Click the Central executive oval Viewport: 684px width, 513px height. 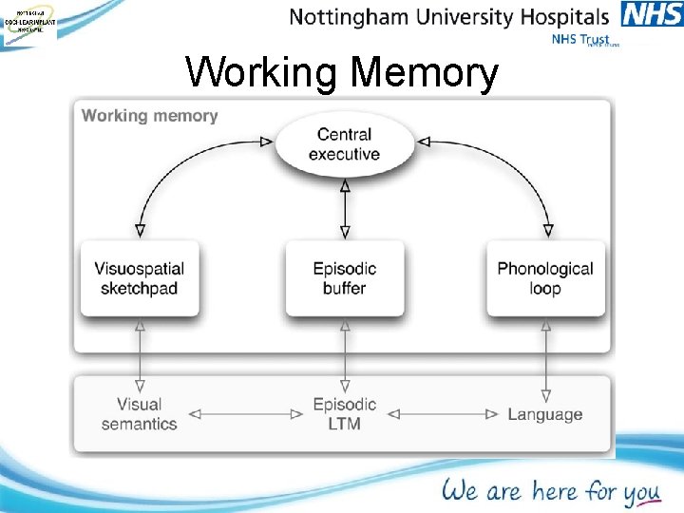[x=344, y=145]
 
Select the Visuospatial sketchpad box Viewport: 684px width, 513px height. [x=140, y=278]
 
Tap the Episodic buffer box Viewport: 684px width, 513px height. [x=344, y=278]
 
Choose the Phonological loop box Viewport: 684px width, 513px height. [x=545, y=278]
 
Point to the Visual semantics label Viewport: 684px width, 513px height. [x=140, y=414]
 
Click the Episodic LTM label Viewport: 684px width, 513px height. [x=344, y=414]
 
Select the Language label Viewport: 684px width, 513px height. [x=545, y=414]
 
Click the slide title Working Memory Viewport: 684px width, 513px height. [x=342, y=72]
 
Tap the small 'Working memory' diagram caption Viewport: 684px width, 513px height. [x=150, y=116]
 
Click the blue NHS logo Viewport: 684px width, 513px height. [x=652, y=15]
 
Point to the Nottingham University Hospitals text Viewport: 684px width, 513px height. [x=448, y=17]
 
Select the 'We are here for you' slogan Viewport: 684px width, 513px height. [x=550, y=490]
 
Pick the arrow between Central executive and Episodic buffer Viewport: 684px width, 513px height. [x=345, y=208]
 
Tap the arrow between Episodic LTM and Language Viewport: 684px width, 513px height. [x=444, y=414]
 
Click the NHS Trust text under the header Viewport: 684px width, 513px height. [x=582, y=40]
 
